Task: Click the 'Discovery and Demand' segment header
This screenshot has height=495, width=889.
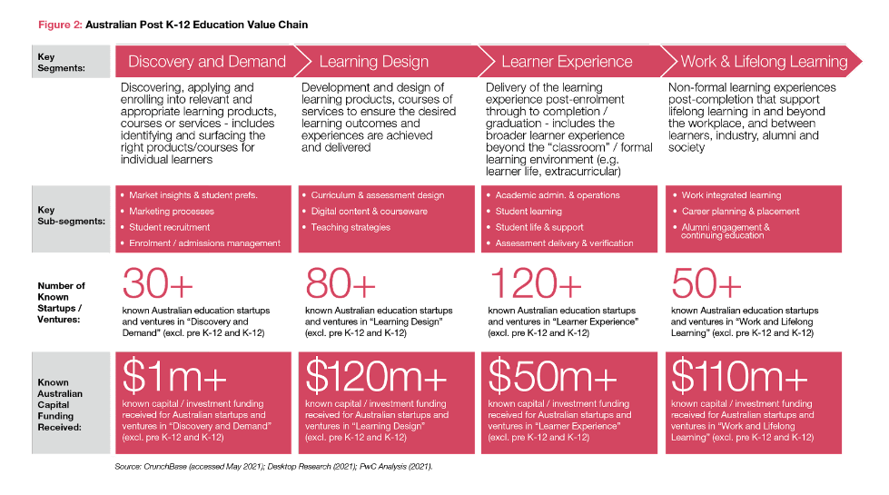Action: (x=206, y=62)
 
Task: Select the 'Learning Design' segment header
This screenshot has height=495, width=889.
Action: (x=373, y=62)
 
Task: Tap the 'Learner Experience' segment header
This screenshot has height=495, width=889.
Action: (x=567, y=62)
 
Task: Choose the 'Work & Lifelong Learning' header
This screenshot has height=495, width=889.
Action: (x=764, y=62)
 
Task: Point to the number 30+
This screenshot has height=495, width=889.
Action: (x=157, y=284)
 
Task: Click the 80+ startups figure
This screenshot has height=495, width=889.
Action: (x=341, y=284)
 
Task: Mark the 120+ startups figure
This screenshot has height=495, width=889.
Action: (x=536, y=284)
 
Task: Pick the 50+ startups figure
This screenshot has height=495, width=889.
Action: (x=707, y=284)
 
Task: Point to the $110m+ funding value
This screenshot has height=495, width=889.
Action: (x=737, y=376)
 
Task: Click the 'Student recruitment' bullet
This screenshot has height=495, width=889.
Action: (x=170, y=227)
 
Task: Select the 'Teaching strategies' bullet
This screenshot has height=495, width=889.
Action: (x=351, y=227)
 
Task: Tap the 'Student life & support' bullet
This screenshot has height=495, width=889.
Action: (x=539, y=227)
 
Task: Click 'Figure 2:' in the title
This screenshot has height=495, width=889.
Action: (x=59, y=25)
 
